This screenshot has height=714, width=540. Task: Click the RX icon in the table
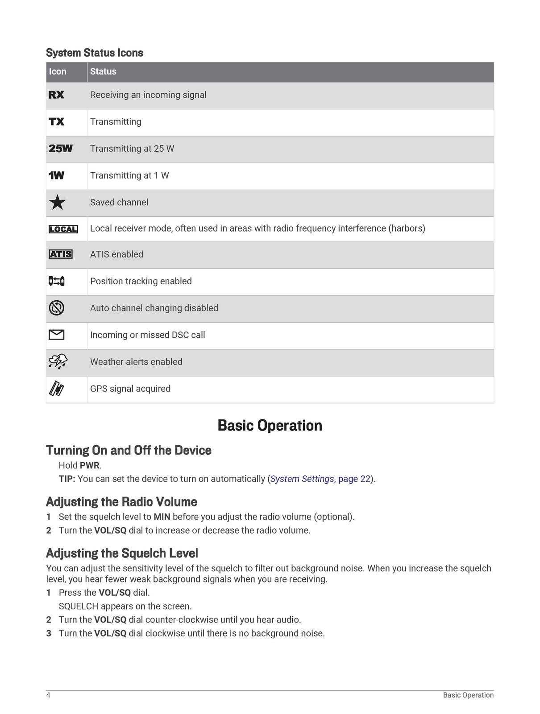point(56,95)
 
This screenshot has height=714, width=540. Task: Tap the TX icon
point(56,121)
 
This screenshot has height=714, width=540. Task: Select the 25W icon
point(60,149)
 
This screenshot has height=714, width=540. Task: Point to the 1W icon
point(56,175)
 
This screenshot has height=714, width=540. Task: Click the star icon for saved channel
point(57,203)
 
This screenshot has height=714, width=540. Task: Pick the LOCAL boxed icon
point(63,229)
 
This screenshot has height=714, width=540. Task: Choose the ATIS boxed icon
point(60,254)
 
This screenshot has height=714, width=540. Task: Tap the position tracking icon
point(57,281)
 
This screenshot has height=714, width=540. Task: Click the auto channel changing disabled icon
point(57,308)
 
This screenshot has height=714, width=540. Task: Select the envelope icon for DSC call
point(57,335)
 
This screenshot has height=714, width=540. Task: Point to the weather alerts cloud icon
point(58,361)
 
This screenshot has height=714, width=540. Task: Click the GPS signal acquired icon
point(56,389)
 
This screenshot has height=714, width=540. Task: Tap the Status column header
point(103,71)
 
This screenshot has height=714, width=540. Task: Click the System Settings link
point(302,479)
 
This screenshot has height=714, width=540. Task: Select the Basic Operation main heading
point(270,425)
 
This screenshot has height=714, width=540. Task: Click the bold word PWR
point(89,465)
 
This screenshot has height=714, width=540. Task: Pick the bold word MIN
point(162,517)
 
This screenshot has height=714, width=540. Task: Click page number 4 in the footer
point(48,695)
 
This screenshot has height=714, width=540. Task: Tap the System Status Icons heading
point(95,53)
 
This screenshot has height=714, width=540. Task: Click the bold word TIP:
point(67,479)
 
